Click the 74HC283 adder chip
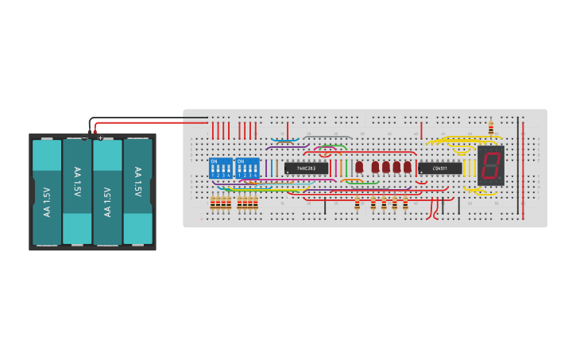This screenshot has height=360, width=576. point(306,168)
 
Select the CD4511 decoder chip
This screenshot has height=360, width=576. point(439,168)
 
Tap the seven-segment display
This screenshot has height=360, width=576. point(490,166)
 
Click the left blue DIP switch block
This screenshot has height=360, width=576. point(221,168)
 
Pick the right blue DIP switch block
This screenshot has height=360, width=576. point(247,168)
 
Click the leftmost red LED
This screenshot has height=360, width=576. point(359,167)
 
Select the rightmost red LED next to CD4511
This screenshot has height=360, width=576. point(408,167)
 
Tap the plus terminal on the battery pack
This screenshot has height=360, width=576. point(101,138)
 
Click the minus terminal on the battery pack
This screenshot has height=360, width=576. point(85,138)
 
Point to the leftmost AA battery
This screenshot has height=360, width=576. point(46,192)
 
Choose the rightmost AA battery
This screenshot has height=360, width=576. point(137,192)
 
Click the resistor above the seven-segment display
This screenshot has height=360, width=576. point(490,128)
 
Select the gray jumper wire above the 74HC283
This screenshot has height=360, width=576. point(326,137)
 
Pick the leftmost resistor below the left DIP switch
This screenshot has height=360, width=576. point(213,204)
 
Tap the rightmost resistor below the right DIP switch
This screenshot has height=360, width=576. point(256,204)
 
